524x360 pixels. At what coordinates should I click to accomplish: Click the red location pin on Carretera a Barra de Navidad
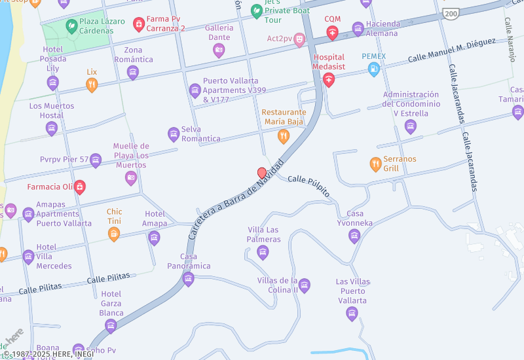click(x=262, y=173)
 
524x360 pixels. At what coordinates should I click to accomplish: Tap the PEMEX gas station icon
click(x=374, y=69)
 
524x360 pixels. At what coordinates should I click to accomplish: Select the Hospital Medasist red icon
click(x=328, y=80)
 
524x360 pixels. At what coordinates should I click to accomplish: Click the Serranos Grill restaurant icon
click(x=375, y=164)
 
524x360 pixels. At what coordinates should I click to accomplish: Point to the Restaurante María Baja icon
click(x=283, y=136)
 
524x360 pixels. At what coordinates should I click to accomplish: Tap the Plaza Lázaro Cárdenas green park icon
click(x=71, y=26)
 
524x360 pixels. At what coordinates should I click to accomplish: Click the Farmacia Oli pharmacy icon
click(x=79, y=187)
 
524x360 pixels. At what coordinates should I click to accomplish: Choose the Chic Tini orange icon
click(x=114, y=234)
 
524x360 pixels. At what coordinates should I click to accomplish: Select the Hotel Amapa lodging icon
click(x=154, y=237)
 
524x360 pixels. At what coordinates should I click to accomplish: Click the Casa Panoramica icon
click(x=189, y=279)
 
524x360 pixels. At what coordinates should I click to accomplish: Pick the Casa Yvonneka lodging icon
click(x=354, y=236)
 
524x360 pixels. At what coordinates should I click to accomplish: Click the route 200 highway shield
click(x=450, y=12)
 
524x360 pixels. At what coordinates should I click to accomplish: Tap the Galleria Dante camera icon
click(x=219, y=50)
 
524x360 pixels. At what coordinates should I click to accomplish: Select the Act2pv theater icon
click(x=299, y=39)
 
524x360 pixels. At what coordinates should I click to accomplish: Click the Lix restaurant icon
click(x=92, y=84)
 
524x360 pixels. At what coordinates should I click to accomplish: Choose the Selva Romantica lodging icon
click(x=174, y=134)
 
